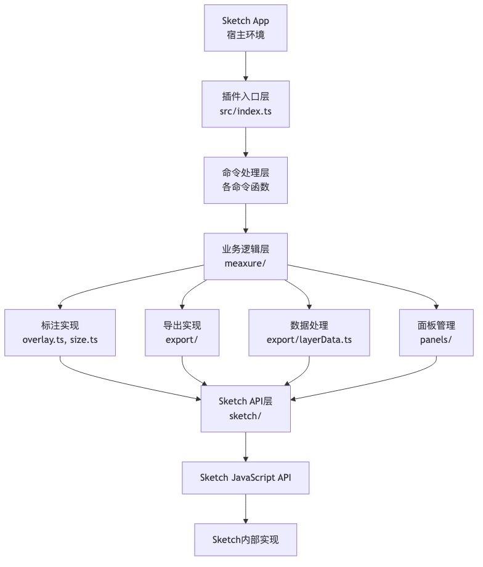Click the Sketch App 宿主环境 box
tap(245, 28)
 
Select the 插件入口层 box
tap(245, 104)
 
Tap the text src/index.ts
tap(245, 111)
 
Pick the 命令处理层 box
tap(245, 180)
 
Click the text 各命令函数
tap(245, 187)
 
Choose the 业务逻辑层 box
tap(245, 256)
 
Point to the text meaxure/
tap(245, 263)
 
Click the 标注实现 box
tap(60, 332)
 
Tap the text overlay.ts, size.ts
tap(60, 340)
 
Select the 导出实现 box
tap(182, 332)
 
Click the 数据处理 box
tap(309, 332)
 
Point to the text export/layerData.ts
tap(309, 340)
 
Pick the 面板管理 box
tap(436, 332)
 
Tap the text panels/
tap(436, 340)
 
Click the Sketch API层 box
tap(245, 409)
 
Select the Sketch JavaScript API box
tap(245, 478)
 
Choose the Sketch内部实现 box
tap(245, 539)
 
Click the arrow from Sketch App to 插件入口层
tap(246, 66)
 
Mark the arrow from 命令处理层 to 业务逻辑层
tap(246, 219)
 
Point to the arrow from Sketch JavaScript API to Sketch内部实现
tap(246, 509)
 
